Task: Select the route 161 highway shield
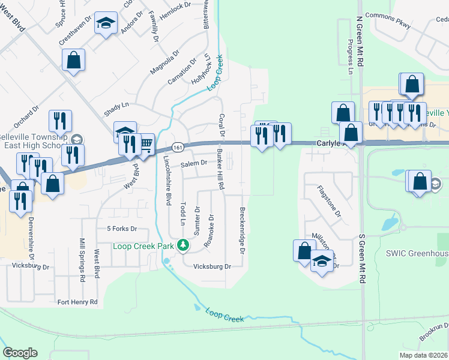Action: pos(176,147)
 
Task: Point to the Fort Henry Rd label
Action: pos(77,302)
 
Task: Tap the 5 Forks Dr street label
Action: pos(122,229)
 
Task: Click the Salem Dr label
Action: pos(193,163)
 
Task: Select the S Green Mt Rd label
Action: pos(362,257)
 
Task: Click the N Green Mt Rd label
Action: pos(361,41)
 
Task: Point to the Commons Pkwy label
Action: pos(393,25)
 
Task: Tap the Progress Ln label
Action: pos(349,52)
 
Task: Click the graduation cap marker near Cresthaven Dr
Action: pos(106,24)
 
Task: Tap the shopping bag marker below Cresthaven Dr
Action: pos(73,60)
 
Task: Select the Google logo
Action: pos(20,353)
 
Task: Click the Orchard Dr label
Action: pos(27,116)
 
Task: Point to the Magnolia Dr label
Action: pos(164,62)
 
